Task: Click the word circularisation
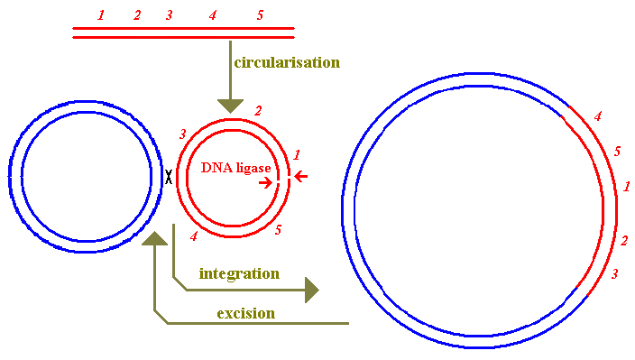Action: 287,62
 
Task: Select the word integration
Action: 239,272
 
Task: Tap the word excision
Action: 245,313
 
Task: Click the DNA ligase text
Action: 235,168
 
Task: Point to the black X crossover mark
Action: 168,177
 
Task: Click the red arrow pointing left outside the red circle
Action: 301,177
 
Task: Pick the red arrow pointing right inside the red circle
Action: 266,182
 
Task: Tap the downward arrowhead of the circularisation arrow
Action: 231,105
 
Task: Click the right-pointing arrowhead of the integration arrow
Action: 311,290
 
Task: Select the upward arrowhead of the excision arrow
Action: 156,238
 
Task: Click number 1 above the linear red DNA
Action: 101,15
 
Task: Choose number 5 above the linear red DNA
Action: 260,15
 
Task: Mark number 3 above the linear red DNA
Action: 169,15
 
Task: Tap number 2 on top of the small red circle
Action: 258,110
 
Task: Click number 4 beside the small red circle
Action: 193,236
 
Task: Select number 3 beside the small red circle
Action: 183,134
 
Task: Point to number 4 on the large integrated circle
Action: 596,116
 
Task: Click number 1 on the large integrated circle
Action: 627,187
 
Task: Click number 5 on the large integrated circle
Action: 617,151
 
